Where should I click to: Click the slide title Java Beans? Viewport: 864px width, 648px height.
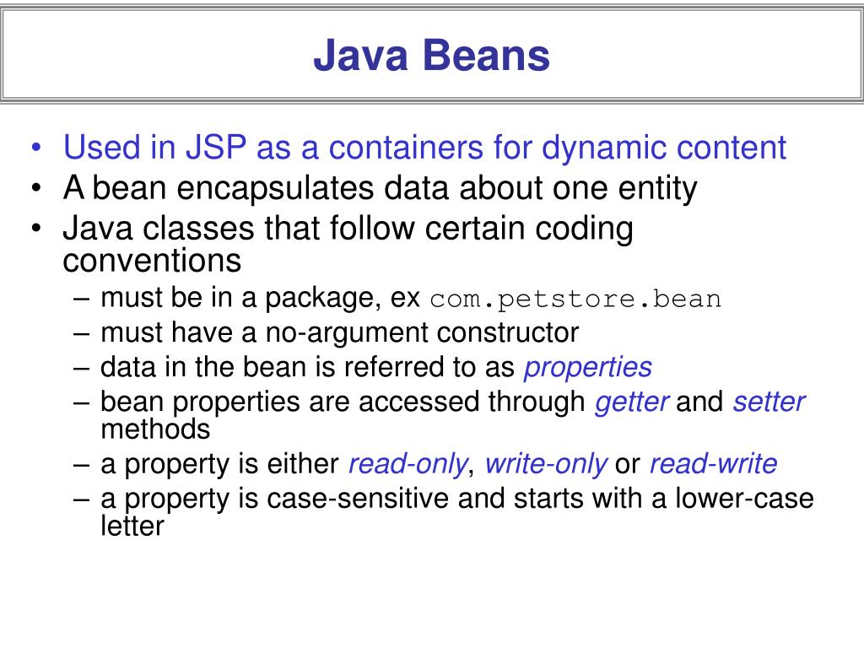431,56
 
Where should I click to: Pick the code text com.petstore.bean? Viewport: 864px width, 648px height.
575,300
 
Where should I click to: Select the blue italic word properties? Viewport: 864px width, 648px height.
588,367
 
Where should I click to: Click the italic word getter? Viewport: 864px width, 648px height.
632,402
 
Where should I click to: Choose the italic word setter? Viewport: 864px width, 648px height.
769,402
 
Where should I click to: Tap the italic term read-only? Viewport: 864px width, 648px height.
408,464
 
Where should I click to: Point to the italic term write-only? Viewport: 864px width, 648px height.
546,464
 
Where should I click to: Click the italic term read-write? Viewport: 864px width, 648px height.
713,464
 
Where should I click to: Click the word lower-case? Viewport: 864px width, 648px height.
744,499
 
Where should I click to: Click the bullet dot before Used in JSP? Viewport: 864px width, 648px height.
36,149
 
